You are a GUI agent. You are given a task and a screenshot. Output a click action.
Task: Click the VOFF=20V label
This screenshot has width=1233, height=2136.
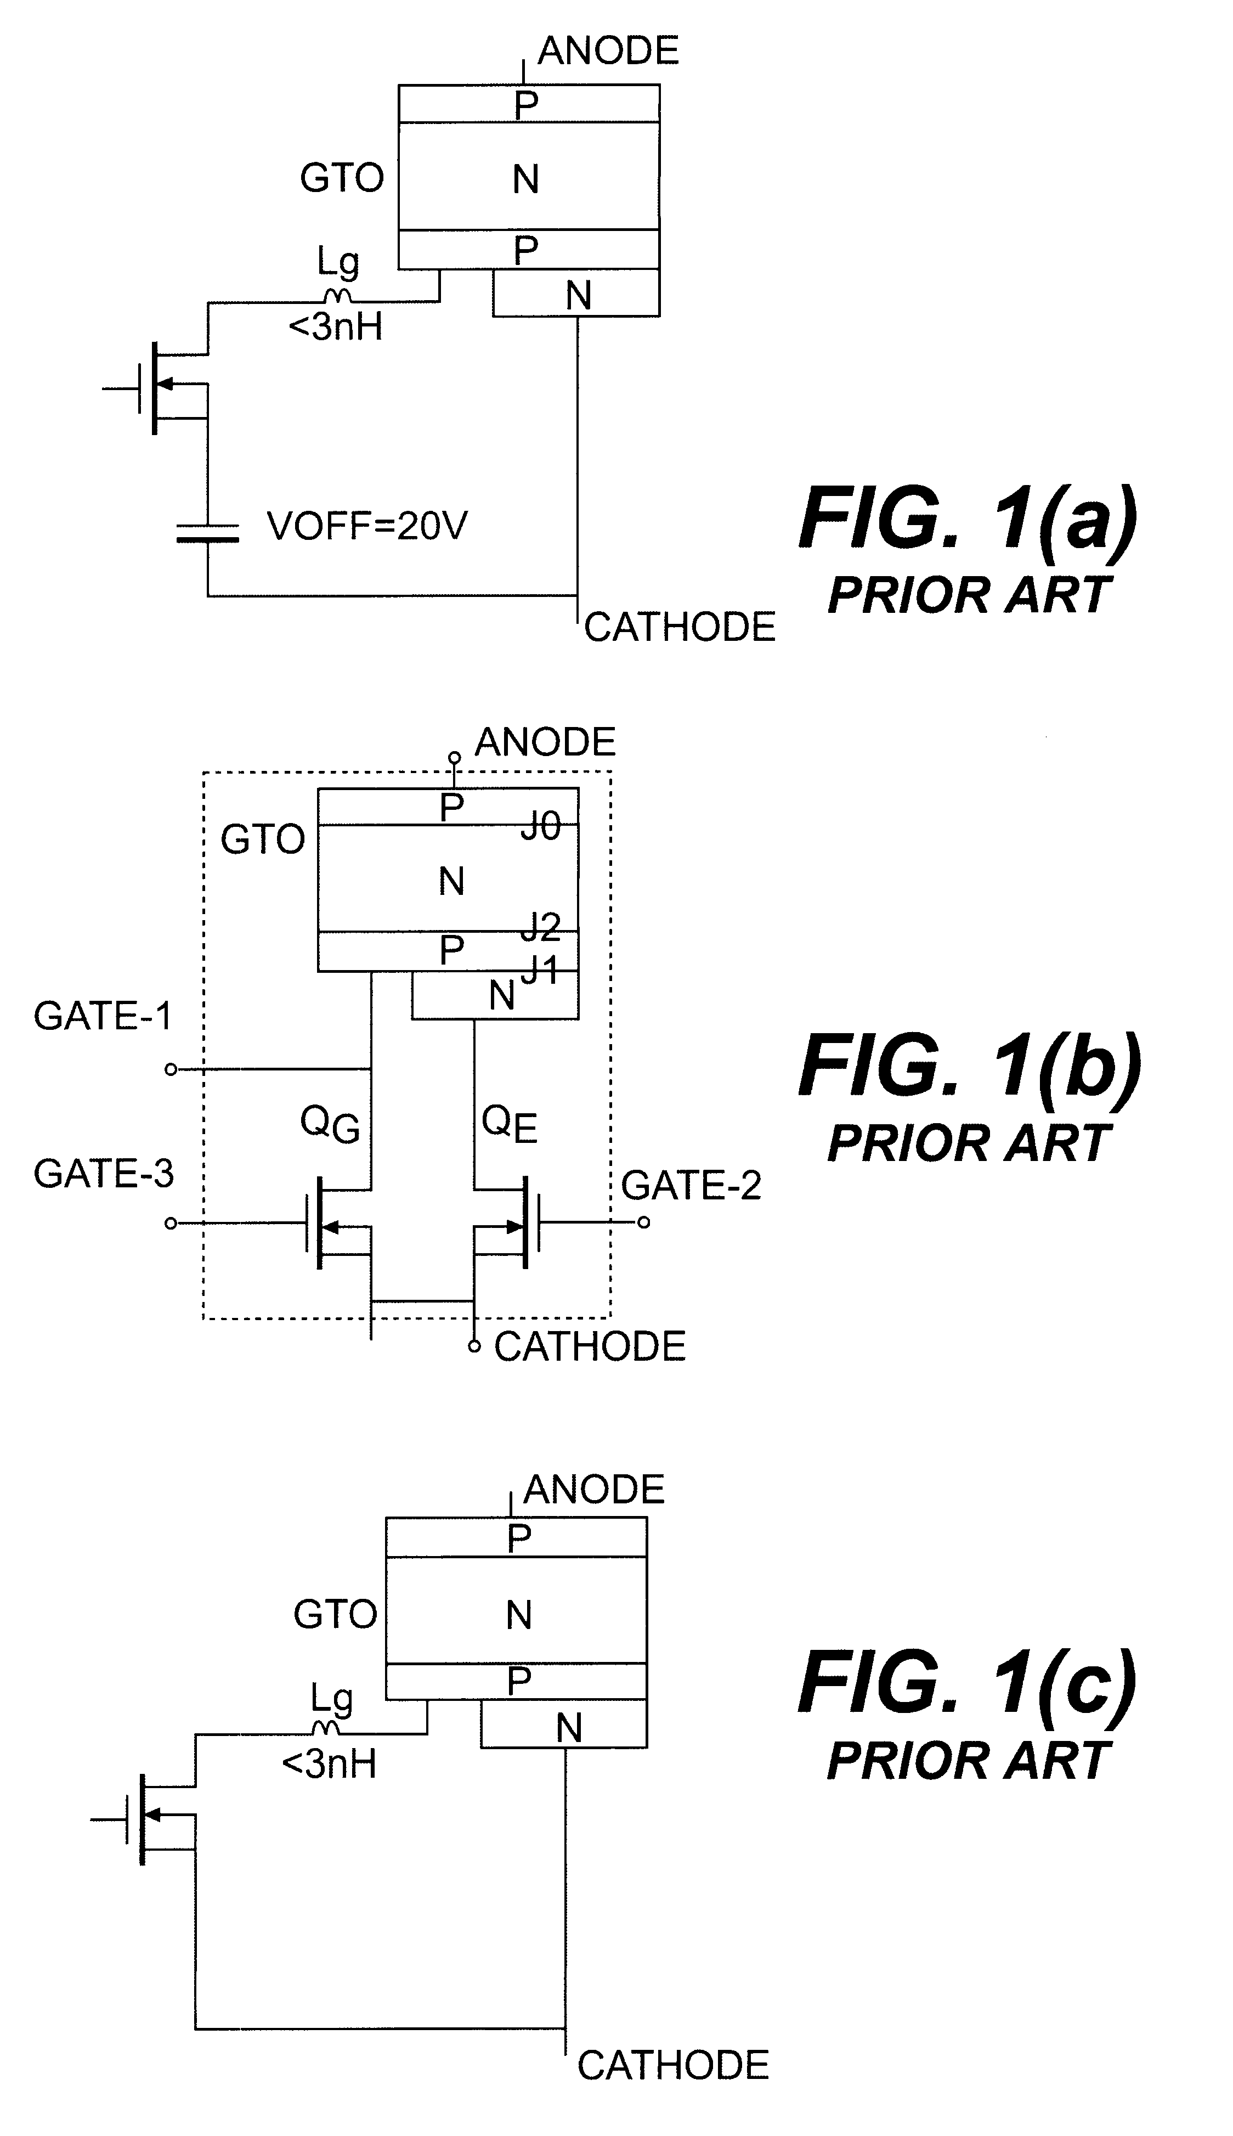367,526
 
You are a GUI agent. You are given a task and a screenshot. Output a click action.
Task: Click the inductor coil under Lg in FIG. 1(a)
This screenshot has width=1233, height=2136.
336,296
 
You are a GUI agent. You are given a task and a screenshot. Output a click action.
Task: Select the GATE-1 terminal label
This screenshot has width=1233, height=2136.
103,1016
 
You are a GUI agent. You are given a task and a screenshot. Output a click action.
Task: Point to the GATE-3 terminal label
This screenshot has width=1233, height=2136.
103,1173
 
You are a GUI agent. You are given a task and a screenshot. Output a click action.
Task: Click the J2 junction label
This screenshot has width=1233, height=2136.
540,927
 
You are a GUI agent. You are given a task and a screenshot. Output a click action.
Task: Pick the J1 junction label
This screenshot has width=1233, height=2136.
540,970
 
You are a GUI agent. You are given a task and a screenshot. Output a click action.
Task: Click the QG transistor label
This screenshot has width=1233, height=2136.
330,1125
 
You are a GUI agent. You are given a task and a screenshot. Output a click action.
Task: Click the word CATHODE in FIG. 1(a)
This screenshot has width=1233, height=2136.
679,628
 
